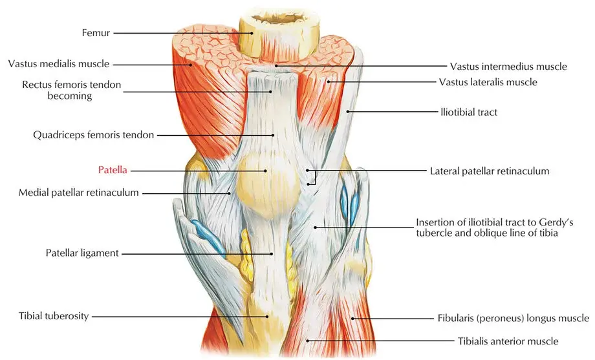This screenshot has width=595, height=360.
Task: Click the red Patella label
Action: click(x=113, y=170)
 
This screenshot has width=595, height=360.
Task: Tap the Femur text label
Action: click(x=96, y=33)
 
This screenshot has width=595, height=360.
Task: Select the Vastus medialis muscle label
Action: click(x=59, y=64)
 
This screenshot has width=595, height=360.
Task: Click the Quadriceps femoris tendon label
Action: click(x=93, y=135)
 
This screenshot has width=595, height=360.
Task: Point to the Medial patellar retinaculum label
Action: click(x=78, y=193)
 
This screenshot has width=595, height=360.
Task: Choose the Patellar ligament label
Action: click(x=82, y=253)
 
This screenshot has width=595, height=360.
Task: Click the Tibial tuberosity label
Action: click(x=54, y=316)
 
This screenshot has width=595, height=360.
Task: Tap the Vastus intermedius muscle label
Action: click(x=508, y=67)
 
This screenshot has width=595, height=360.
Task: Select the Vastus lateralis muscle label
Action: click(x=488, y=82)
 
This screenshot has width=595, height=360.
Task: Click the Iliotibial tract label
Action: click(x=469, y=112)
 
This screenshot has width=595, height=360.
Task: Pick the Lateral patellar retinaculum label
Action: click(x=490, y=171)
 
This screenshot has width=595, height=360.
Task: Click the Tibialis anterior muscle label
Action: click(x=508, y=341)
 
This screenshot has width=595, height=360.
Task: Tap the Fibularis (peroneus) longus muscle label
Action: click(x=513, y=318)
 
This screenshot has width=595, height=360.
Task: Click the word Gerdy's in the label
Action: click(x=556, y=222)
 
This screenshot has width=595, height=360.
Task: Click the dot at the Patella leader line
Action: click(x=266, y=171)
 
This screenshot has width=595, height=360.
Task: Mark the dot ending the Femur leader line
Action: click(x=252, y=33)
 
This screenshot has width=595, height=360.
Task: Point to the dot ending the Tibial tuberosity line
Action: click(x=267, y=317)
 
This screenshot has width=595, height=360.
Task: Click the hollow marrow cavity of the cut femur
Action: click(x=279, y=17)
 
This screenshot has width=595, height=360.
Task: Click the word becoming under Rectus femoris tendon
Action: click(x=70, y=96)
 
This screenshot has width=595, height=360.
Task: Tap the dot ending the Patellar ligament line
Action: click(x=272, y=254)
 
